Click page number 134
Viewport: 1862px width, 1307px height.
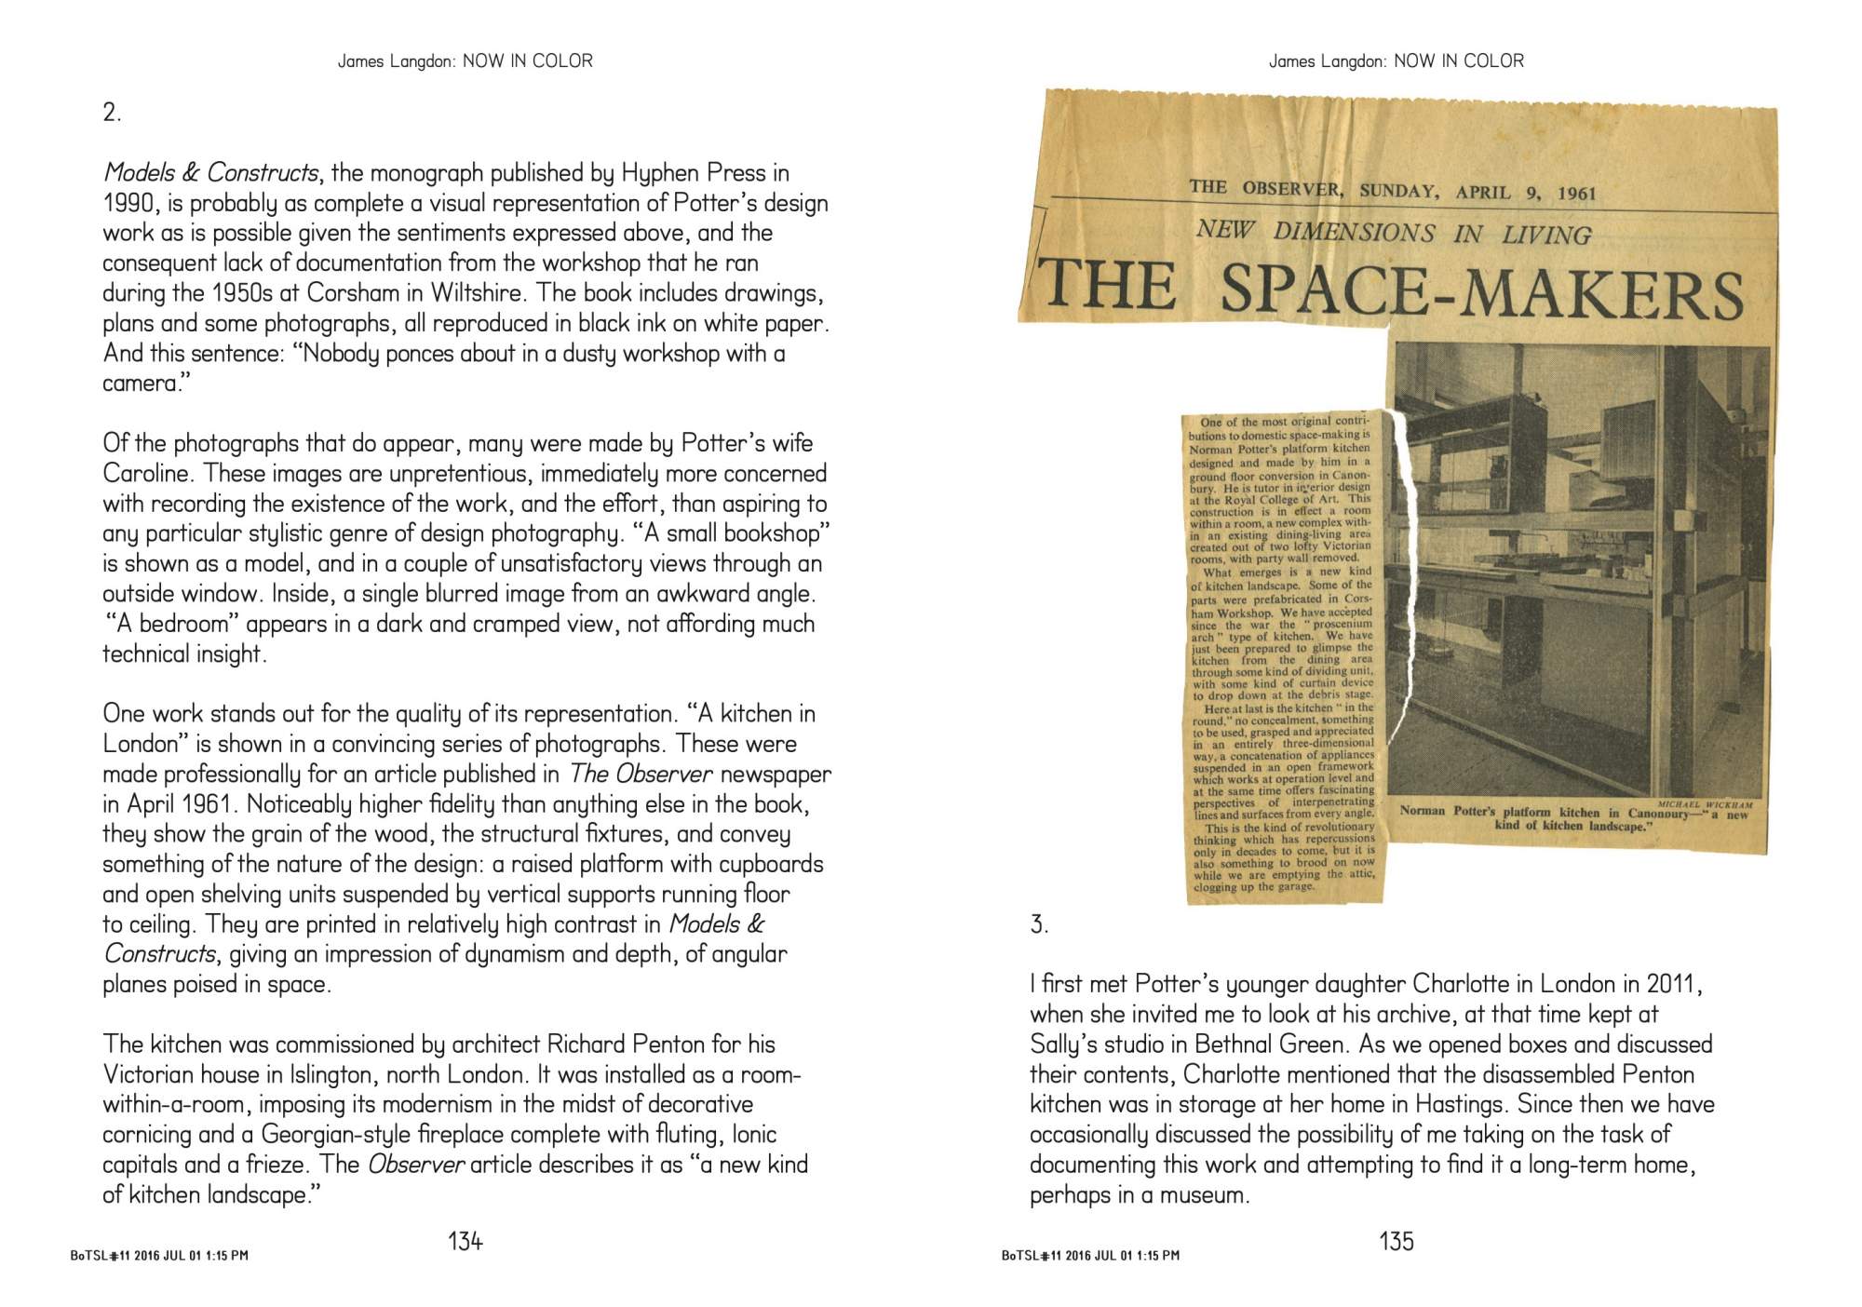point(465,1241)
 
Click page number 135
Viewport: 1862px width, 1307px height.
point(1396,1241)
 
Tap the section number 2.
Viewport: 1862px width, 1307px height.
point(112,114)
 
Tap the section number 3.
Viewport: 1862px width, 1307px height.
point(1039,924)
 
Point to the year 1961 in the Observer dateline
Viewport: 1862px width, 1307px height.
point(1576,194)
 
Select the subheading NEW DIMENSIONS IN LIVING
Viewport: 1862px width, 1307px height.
point(1393,232)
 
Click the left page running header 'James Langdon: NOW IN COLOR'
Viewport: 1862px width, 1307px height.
point(465,61)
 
